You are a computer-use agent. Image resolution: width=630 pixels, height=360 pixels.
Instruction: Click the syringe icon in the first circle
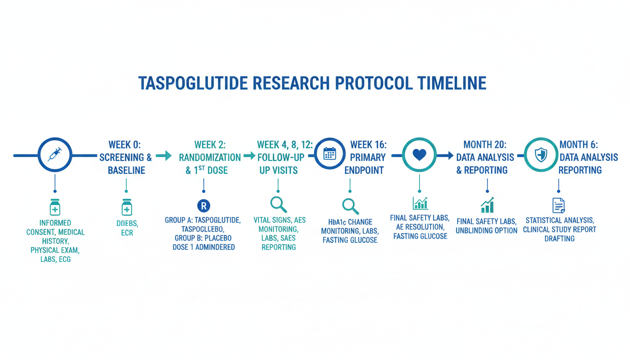pyautogui.click(x=55, y=154)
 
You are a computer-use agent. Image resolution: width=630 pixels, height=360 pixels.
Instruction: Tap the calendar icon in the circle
pyautogui.click(x=330, y=154)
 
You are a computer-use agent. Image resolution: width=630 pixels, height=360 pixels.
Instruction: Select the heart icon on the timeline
pyautogui.click(x=420, y=155)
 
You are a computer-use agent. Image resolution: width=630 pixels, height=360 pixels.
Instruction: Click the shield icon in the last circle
pyautogui.click(x=541, y=155)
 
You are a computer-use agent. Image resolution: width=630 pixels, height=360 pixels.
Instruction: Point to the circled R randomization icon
pyautogui.click(x=203, y=206)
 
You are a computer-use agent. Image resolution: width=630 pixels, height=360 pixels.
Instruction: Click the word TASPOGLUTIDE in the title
pyautogui.click(x=193, y=83)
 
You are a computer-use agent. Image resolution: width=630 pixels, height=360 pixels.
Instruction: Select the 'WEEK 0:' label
pyautogui.click(x=125, y=145)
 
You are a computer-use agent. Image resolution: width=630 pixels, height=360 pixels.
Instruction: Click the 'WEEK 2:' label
pyautogui.click(x=210, y=145)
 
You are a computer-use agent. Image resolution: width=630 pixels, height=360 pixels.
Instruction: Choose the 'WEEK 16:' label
pyautogui.click(x=368, y=145)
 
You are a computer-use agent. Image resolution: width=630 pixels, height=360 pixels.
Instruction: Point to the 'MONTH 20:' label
pyautogui.click(x=485, y=145)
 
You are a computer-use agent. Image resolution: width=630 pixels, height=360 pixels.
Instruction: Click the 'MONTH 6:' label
pyautogui.click(x=578, y=145)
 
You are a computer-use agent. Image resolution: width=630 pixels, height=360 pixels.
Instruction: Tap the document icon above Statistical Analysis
pyautogui.click(x=559, y=205)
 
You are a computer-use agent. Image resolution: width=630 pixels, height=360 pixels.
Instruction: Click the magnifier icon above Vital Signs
pyautogui.click(x=278, y=204)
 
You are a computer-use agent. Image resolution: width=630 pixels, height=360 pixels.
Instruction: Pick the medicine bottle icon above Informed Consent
pyautogui.click(x=55, y=207)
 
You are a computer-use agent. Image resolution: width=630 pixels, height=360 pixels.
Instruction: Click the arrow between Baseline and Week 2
pyautogui.click(x=164, y=156)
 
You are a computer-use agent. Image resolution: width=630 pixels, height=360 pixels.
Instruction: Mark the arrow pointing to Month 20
pyautogui.click(x=445, y=155)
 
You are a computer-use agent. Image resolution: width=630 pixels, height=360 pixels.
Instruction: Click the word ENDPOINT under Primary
pyautogui.click(x=364, y=171)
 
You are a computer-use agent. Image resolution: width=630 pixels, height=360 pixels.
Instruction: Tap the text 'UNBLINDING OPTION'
pyautogui.click(x=487, y=231)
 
